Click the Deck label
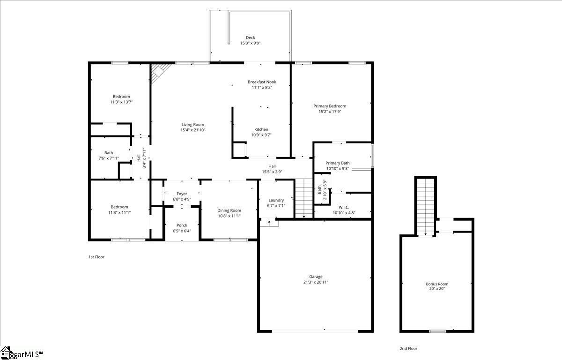tap(250, 38)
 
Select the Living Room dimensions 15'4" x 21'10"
tap(193, 130)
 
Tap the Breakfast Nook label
tap(262, 82)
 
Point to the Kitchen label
tap(261, 129)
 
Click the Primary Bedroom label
tap(330, 106)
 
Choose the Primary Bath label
tap(338, 163)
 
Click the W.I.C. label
tap(344, 207)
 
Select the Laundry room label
tap(276, 200)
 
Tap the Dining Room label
tap(229, 210)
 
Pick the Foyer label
tap(182, 194)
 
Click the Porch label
tap(182, 225)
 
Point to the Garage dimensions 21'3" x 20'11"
tap(316, 282)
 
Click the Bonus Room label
tap(436, 284)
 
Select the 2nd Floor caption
tap(408, 349)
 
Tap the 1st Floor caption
tap(96, 257)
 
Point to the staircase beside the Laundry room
tap(303, 198)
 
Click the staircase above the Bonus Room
tap(426, 206)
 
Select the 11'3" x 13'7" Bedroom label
tap(121, 97)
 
